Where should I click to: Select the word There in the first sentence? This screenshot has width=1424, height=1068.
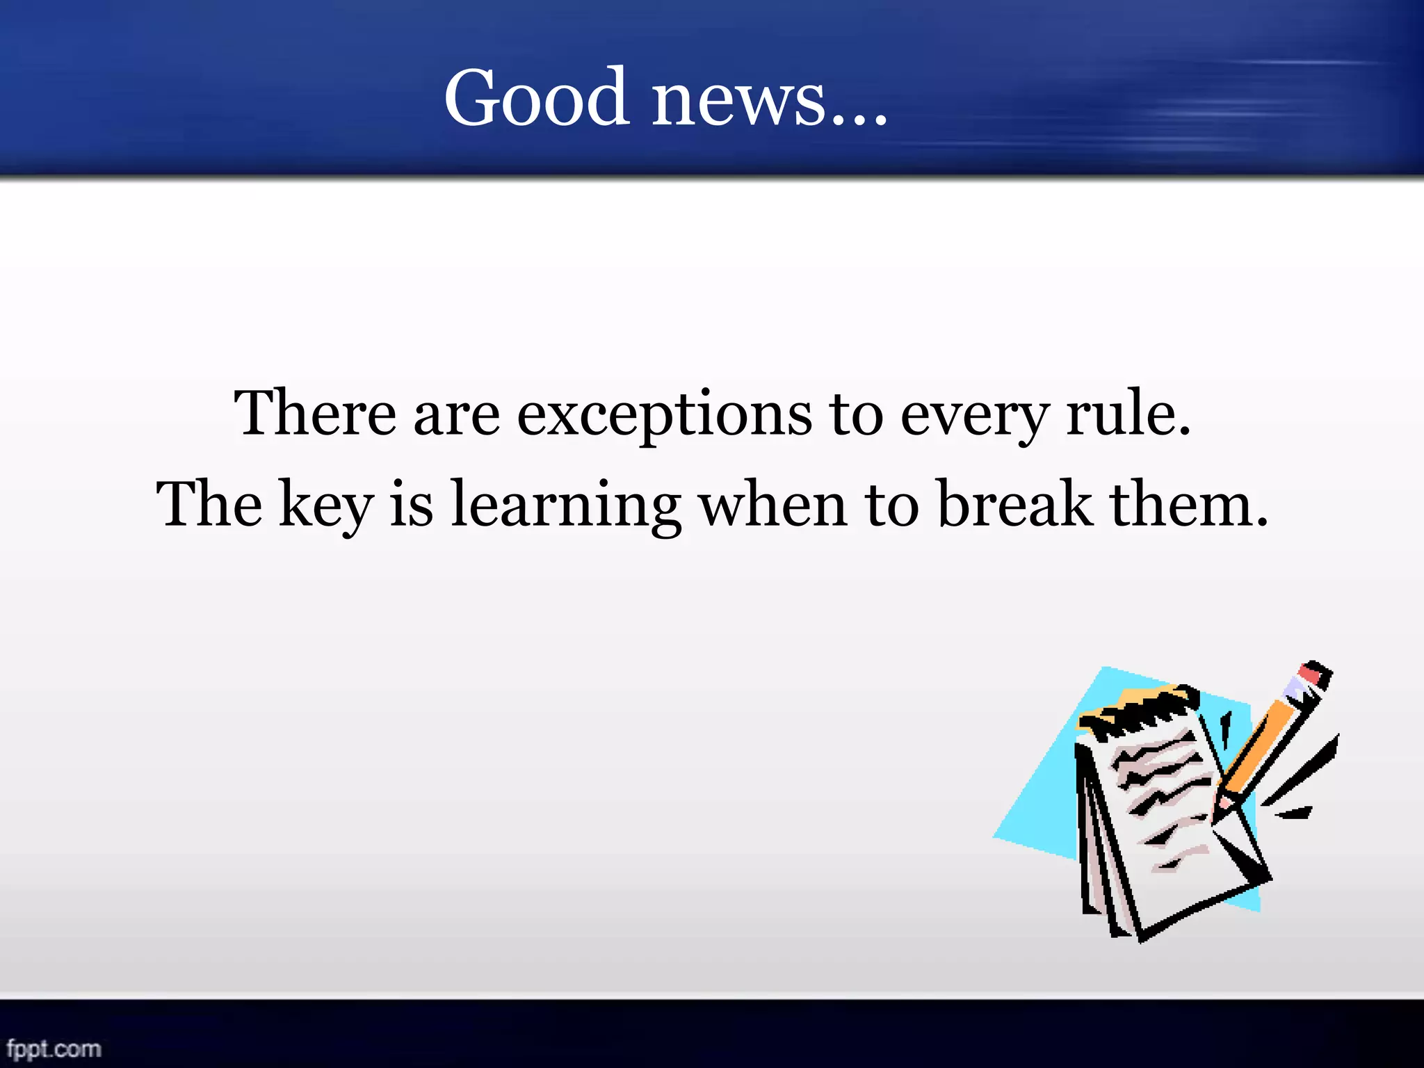(314, 414)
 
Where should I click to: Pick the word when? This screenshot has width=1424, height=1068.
(772, 505)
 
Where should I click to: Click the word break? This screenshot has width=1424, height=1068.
(1014, 504)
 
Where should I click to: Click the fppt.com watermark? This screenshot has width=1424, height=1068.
(54, 1048)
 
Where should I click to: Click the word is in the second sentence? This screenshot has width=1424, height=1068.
(411, 505)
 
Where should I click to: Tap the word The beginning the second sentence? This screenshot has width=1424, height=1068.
(209, 505)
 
